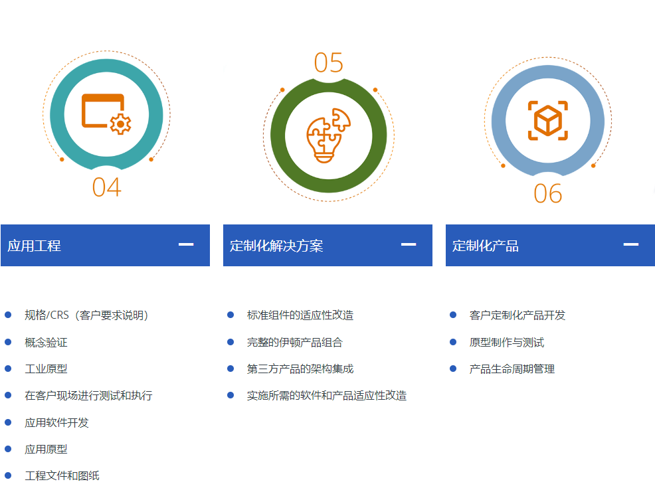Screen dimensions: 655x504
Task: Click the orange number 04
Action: pos(107,187)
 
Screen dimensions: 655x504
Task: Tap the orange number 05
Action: pos(329,63)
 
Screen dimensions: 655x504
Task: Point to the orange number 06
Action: pos(548,194)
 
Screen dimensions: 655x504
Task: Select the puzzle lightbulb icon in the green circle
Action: pos(329,135)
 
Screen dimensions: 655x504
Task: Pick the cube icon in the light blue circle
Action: pos(548,120)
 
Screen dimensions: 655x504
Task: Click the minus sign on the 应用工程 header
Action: pos(186,244)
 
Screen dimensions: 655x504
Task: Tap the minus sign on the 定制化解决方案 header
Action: pos(409,244)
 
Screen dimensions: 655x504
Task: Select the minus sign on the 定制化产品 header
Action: pos(631,244)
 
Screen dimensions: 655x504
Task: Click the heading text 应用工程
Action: pos(35,246)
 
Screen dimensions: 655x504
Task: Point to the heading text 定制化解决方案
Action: pos(276,246)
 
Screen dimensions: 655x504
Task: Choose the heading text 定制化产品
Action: pos(486,246)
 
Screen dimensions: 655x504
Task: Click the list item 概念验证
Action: pos(46,343)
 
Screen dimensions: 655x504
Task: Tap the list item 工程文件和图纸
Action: pos(62,475)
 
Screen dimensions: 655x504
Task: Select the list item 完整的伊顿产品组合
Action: pos(295,343)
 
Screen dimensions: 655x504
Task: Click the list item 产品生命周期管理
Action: pos(512,369)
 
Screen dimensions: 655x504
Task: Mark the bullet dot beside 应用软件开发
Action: pos(8,422)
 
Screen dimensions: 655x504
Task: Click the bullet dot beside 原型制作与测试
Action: pos(453,343)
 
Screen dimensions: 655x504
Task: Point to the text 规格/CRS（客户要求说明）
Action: pos(86,315)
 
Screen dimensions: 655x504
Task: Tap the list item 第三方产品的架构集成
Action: pos(300,369)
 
